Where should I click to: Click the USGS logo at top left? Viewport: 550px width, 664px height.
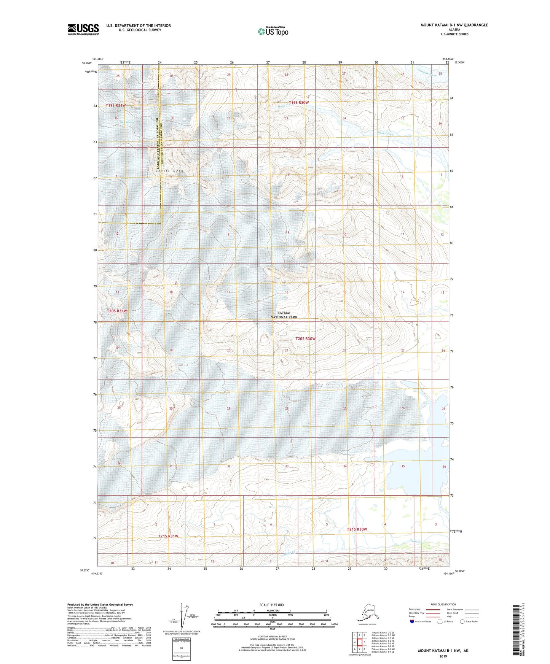coord(83,29)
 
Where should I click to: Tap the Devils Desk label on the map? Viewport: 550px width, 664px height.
coord(169,171)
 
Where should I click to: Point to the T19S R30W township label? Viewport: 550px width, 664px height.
coord(298,102)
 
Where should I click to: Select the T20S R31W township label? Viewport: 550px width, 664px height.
coord(116,311)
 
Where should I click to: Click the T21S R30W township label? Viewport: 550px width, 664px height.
coord(357,529)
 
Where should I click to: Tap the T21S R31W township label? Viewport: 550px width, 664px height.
coord(168,536)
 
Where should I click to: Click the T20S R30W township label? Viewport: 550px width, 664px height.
coord(306,338)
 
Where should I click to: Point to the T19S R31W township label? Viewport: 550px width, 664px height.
coord(115,105)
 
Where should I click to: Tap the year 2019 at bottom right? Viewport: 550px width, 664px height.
coord(443,656)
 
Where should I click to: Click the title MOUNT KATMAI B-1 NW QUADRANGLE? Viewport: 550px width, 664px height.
coord(454,25)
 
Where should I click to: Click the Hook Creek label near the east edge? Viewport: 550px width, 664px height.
coord(384,133)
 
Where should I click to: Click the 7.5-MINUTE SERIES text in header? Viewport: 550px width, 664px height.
coord(454,34)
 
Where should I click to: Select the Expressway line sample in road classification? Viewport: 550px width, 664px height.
coord(434,609)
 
